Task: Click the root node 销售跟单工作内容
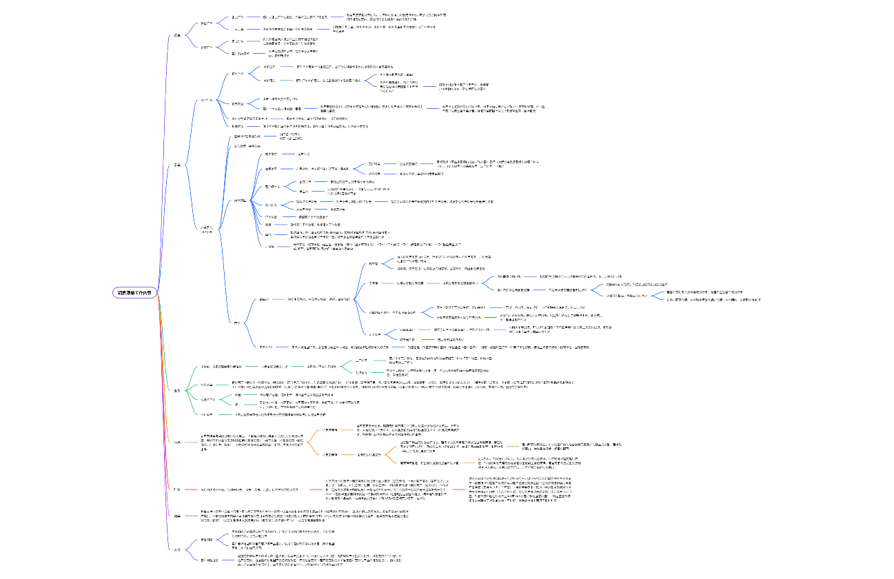tap(135, 292)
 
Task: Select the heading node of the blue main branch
tap(177, 165)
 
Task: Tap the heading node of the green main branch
tap(177, 390)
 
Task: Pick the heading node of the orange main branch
tap(177, 442)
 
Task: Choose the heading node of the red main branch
tap(177, 489)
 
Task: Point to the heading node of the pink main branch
tap(177, 516)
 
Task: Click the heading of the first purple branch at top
tap(177, 35)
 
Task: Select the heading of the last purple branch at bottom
tap(177, 549)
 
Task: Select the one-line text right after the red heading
tap(249, 489)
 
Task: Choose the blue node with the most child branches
tap(236, 201)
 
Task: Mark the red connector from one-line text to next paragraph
tap(313, 489)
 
